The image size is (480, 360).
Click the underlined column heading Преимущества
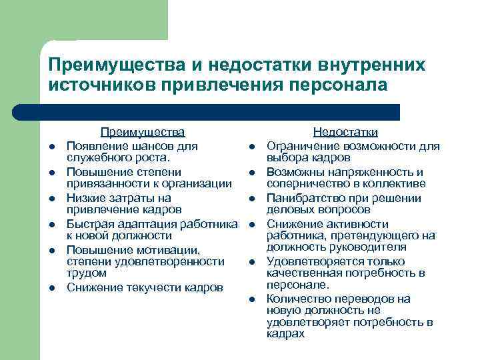pyautogui.click(x=142, y=133)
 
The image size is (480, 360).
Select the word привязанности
pyautogui.click(x=104, y=183)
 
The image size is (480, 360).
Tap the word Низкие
pyautogui.click(x=85, y=198)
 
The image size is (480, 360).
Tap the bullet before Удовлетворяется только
pyautogui.click(x=252, y=262)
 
